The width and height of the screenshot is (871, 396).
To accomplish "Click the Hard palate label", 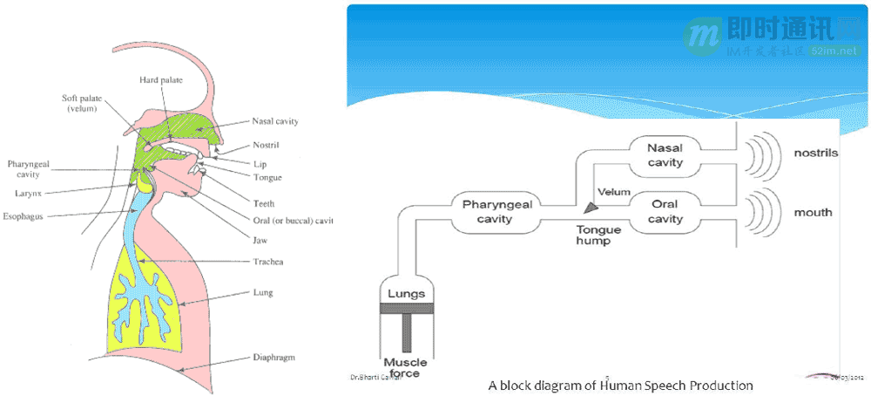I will pos(161,80).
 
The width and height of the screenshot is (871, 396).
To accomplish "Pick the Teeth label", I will pos(263,203).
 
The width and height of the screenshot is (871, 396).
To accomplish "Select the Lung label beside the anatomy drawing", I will pos(262,293).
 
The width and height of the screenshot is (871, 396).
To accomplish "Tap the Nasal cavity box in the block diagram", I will pos(665,155).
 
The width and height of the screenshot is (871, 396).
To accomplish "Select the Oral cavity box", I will pos(665,212).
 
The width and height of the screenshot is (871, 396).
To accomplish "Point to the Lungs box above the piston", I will pos(406,294).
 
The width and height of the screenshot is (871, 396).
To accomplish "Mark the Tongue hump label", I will pos(598,235).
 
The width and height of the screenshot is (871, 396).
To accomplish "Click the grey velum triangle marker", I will pos(591,207).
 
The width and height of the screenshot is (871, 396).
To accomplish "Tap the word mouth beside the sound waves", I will pos(813,212).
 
